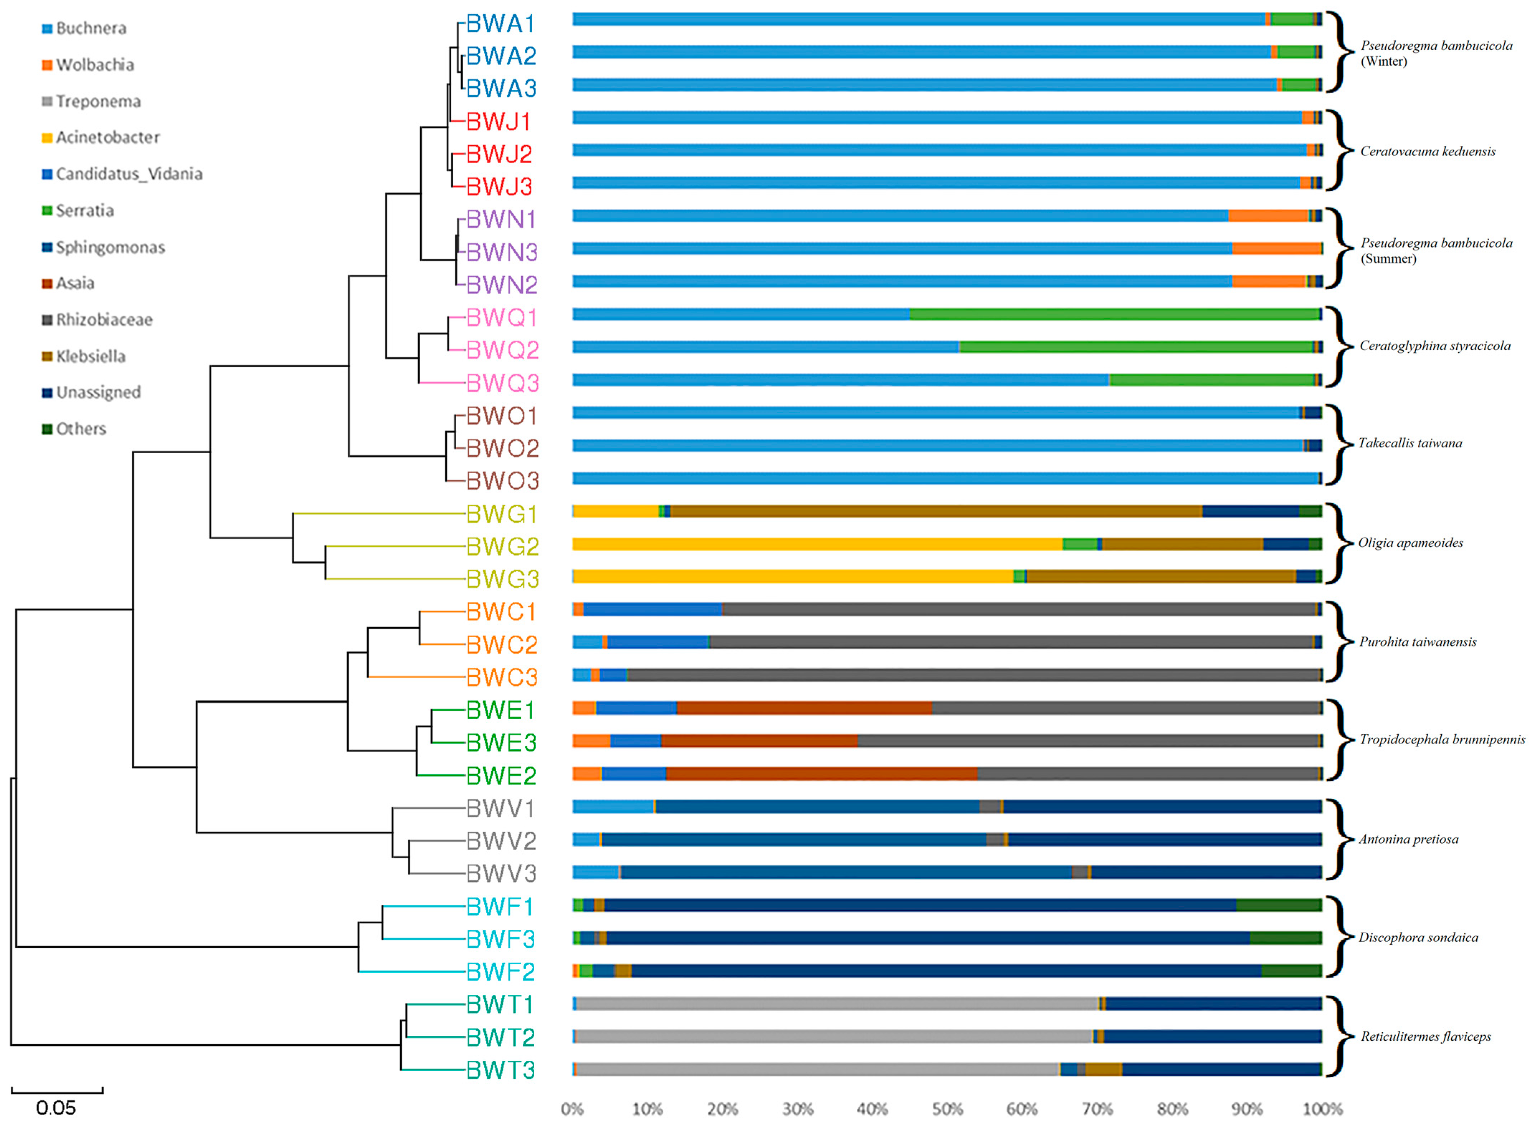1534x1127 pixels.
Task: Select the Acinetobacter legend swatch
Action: [x=47, y=138]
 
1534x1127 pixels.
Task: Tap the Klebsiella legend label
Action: [x=91, y=356]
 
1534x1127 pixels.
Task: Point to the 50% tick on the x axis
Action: [x=947, y=1109]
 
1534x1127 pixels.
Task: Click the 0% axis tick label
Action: [x=572, y=1109]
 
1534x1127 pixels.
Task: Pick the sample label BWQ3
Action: [x=502, y=383]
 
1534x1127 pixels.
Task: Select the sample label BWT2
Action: [x=501, y=1037]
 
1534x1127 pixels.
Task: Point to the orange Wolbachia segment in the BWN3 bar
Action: [x=1277, y=248]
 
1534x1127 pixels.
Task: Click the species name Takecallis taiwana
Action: [x=1410, y=444]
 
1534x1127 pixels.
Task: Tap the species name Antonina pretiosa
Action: [x=1408, y=839]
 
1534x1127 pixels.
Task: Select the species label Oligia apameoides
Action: [x=1410, y=543]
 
